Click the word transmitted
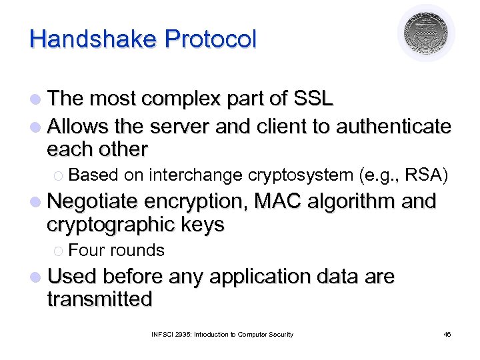click(x=99, y=299)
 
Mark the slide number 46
click(x=447, y=334)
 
